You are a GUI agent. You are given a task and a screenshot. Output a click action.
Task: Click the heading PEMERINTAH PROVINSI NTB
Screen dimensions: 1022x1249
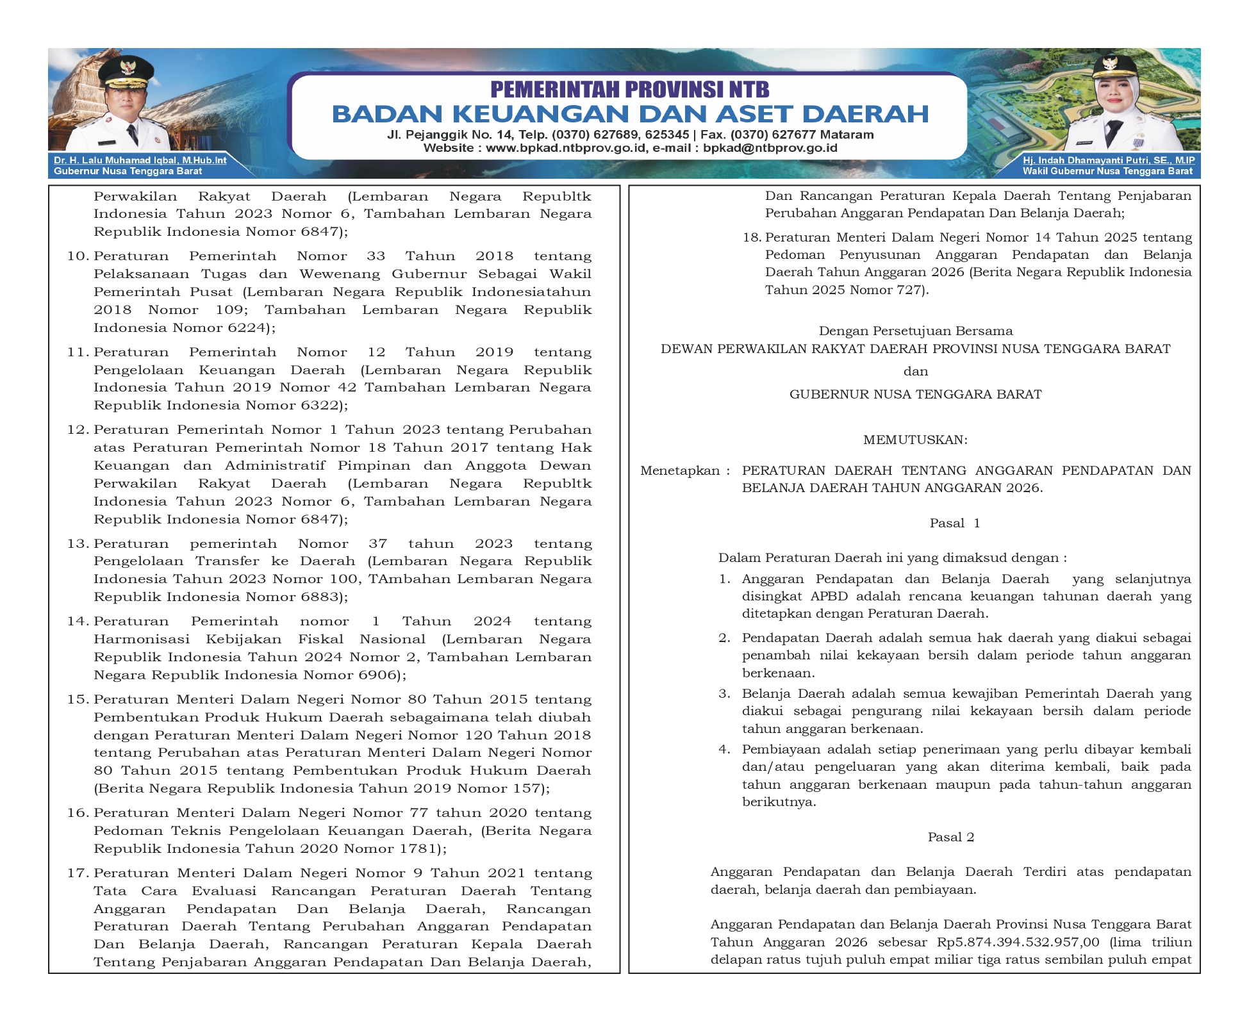click(x=629, y=89)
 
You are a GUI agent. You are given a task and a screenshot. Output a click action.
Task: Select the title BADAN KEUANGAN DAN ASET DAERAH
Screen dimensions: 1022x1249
click(x=630, y=114)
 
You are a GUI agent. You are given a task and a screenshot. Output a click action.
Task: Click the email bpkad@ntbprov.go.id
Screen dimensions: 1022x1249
click(x=770, y=148)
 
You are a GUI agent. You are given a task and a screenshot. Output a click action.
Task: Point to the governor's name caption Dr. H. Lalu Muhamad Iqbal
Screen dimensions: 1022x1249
click(x=140, y=160)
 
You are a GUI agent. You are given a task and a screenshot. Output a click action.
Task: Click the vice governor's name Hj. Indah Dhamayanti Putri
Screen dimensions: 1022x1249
click(x=1108, y=160)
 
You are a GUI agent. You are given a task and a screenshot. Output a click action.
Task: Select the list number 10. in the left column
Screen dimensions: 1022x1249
click(x=78, y=256)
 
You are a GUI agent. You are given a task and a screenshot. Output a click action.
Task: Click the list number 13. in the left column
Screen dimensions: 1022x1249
click(x=78, y=544)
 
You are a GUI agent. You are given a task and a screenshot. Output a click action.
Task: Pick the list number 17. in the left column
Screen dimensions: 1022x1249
click(x=78, y=873)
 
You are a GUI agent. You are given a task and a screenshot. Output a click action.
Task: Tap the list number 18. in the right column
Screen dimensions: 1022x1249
click(x=752, y=238)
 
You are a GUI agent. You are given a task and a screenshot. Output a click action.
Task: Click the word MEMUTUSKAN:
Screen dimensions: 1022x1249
click(x=915, y=440)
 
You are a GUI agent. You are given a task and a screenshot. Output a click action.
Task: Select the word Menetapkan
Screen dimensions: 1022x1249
click(x=680, y=471)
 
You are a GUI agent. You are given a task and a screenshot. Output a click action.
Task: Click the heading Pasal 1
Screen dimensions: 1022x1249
click(x=954, y=523)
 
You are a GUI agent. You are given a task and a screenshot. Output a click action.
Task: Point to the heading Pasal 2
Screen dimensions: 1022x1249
click(x=951, y=837)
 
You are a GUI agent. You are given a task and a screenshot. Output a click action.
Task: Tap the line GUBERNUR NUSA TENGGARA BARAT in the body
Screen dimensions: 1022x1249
click(x=915, y=395)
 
